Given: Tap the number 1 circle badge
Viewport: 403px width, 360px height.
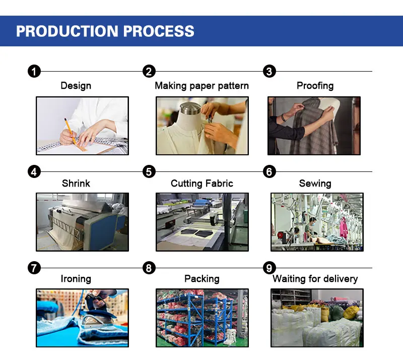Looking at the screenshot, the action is pos(34,71).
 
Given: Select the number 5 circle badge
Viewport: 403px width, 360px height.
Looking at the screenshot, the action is pos(149,171).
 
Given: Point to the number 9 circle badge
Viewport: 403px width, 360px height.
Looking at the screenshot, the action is pos(270,268).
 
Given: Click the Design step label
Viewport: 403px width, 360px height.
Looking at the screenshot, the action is pos(76,86).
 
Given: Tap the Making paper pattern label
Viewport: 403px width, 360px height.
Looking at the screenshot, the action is pos(201,86).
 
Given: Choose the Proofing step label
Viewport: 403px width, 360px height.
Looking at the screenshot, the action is pos(315,86).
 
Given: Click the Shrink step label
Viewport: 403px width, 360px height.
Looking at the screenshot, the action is pos(76,183).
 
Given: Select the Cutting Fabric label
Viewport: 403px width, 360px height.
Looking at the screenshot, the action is pos(201,183).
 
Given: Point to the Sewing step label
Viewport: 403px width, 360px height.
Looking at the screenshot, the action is pos(315,183).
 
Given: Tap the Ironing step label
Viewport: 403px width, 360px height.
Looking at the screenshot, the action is pos(76,279).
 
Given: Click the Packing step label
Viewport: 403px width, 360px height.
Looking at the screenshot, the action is pos(201,279).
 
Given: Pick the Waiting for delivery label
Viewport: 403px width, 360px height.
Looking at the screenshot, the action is pos(315,279).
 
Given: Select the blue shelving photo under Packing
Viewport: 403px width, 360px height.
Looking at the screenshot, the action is pos(201,318).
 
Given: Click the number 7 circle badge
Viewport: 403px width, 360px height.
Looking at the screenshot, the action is pos(34,268).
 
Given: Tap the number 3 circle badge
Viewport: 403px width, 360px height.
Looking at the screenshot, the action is pos(270,71).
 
